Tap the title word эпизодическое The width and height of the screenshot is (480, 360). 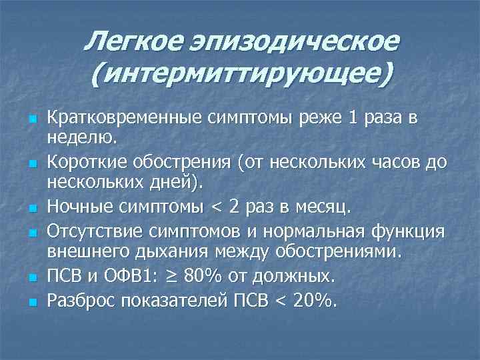pos(293,43)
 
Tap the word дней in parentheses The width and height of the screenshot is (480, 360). pos(175,182)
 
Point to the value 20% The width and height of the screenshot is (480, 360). pos(313,301)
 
